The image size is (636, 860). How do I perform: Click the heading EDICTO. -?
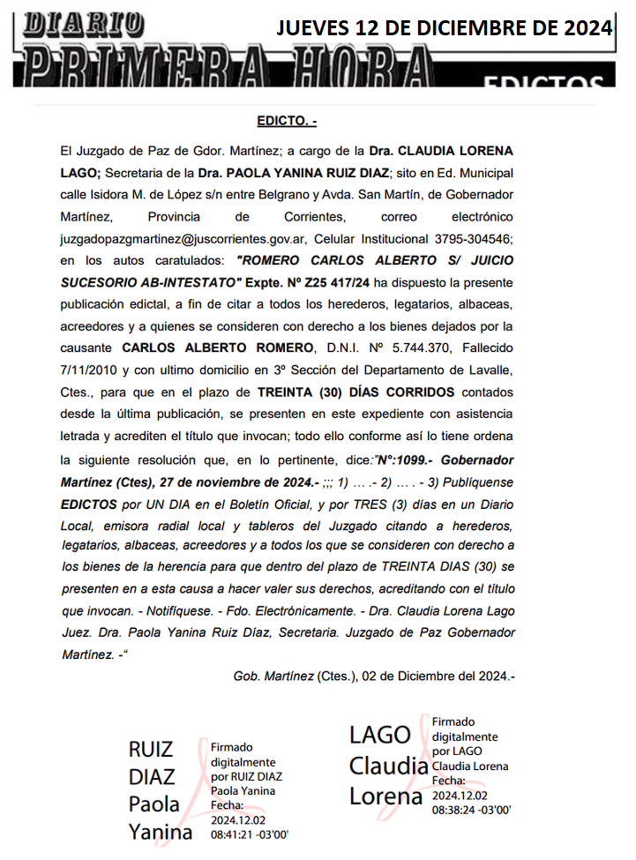(x=287, y=121)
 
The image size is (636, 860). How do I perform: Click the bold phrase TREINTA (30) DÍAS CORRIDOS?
(x=355, y=393)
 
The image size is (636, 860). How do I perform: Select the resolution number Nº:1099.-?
(x=405, y=460)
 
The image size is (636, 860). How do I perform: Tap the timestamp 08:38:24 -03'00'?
(x=472, y=809)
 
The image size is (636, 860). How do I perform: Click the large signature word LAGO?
(x=380, y=734)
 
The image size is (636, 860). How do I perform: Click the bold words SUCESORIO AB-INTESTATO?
(x=151, y=283)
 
